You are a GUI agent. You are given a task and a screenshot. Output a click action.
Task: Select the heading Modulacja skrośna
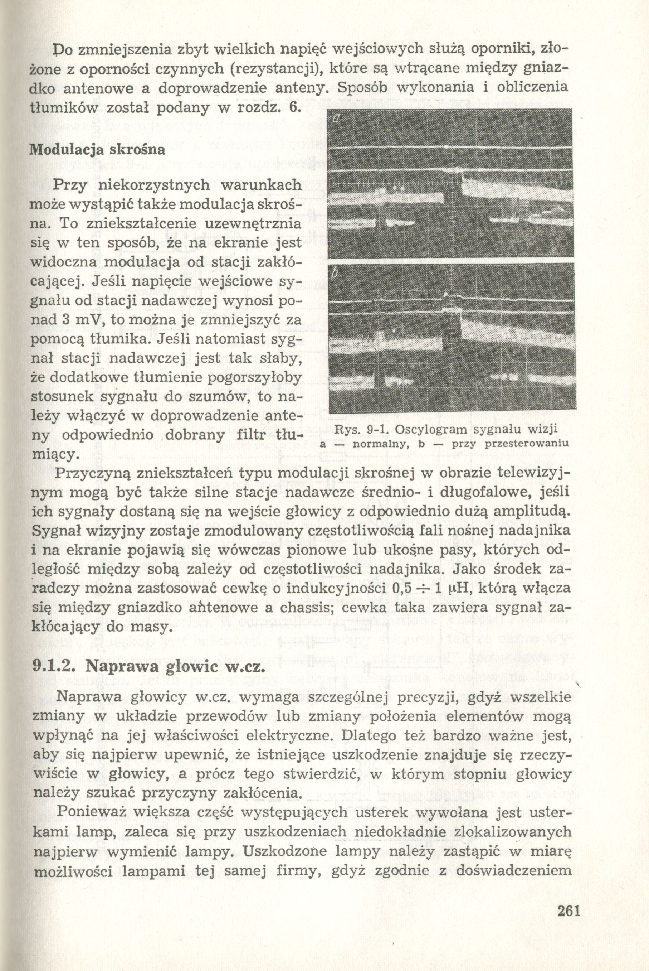pos(98,150)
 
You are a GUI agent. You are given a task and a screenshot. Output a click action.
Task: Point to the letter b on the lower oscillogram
pos(336,274)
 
